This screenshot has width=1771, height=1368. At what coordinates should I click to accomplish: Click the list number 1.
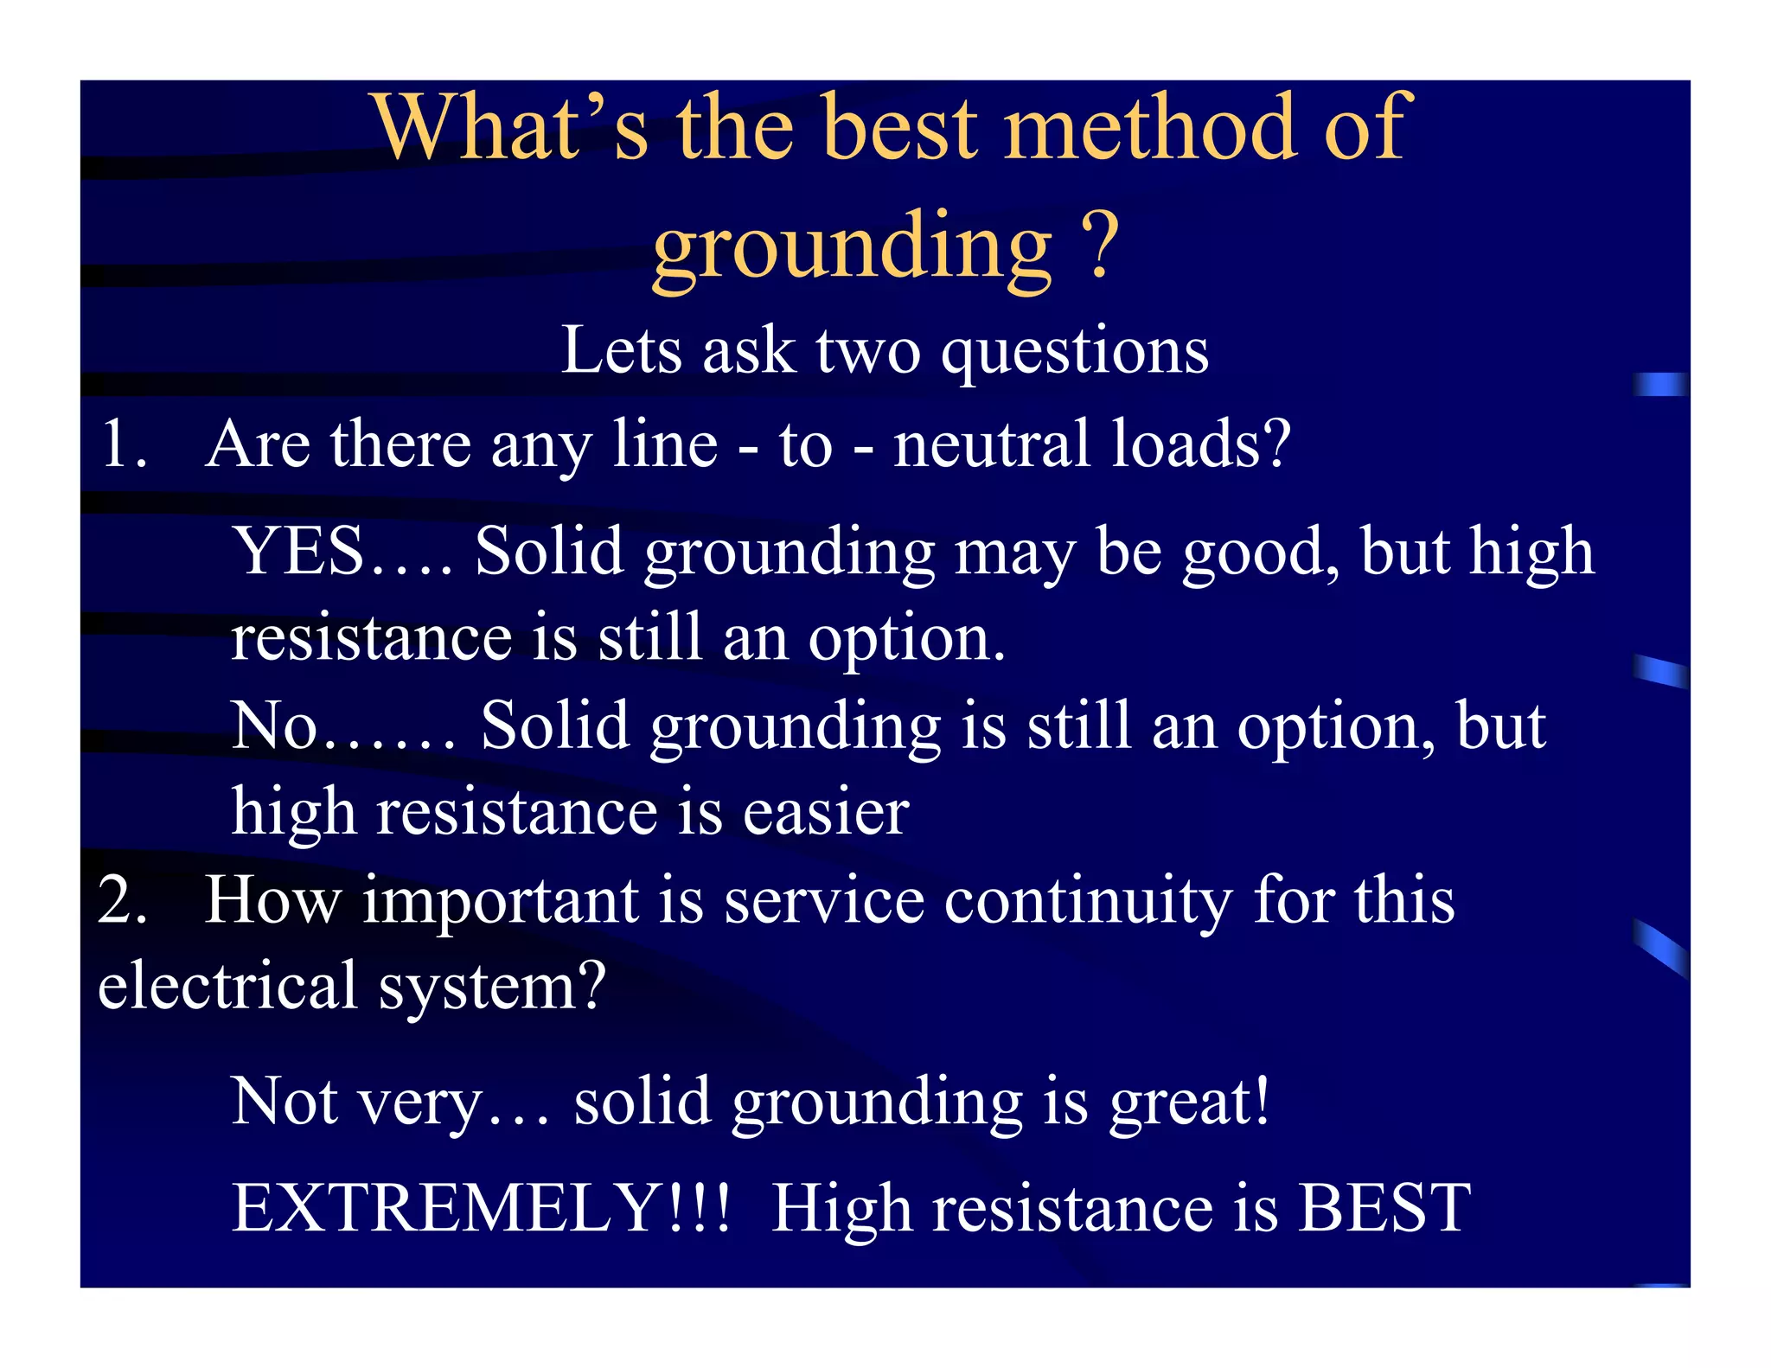[123, 444]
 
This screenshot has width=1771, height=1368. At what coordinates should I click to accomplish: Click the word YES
[298, 552]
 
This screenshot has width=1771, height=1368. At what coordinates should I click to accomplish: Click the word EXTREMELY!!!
[481, 1208]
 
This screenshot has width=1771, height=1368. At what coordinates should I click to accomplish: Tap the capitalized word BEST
[1384, 1208]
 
